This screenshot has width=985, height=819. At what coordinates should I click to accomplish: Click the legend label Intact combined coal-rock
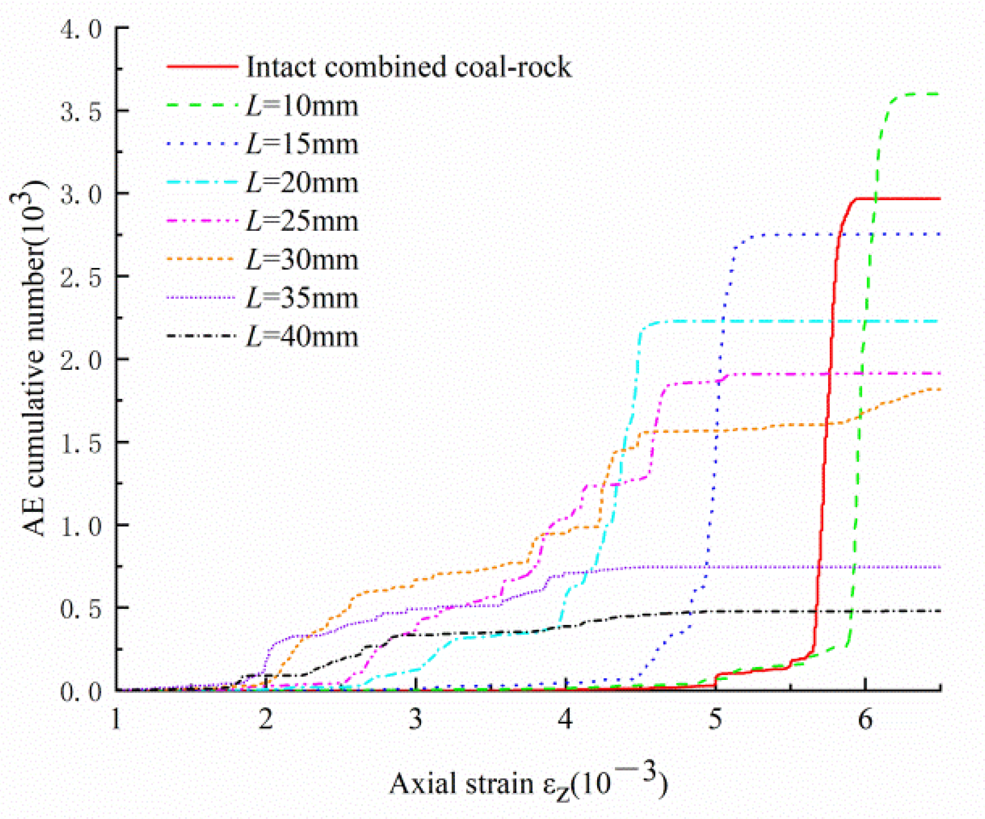point(409,67)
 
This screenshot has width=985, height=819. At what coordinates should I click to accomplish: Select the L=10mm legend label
point(302,106)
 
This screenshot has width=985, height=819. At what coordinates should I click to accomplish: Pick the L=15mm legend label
point(302,144)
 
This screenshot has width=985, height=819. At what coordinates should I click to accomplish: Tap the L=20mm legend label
point(302,183)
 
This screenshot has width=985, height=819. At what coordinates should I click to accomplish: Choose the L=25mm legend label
point(302,221)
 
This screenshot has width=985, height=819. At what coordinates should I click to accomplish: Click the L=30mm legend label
point(302,260)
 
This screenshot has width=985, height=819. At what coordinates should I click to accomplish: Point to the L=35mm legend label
point(302,298)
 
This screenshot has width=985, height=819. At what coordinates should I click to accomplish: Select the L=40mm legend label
point(302,337)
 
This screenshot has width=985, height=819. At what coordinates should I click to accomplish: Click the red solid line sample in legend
point(202,66)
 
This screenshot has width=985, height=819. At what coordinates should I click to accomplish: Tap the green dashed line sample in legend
point(202,105)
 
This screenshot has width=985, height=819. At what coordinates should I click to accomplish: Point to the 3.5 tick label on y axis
point(81,112)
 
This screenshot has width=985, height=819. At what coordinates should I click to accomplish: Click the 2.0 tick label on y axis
point(81,360)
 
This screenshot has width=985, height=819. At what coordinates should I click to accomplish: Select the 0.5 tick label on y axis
point(81,608)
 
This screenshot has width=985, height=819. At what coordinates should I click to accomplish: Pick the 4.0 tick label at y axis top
point(81,29)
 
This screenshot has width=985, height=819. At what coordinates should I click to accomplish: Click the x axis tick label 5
point(716,719)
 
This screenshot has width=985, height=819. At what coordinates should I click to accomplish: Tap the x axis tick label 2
point(266,719)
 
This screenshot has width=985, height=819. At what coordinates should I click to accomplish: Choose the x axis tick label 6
point(865,719)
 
